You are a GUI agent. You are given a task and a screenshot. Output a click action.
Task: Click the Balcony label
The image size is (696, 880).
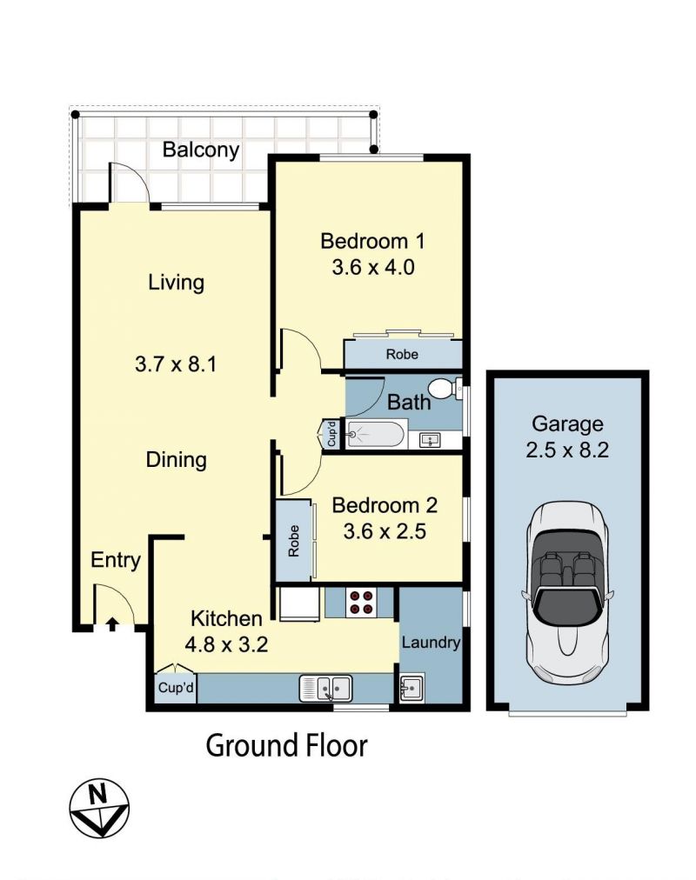click(x=201, y=150)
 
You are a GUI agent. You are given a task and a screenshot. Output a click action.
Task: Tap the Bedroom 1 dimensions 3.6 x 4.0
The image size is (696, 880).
click(x=373, y=267)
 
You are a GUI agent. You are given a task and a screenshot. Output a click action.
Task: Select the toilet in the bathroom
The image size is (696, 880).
click(x=445, y=388)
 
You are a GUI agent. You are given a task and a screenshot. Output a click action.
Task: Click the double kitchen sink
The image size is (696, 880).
click(x=326, y=688)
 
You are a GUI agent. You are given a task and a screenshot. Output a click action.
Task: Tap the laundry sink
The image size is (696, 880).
click(x=412, y=688)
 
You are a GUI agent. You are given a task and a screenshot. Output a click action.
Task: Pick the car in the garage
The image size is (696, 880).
click(x=567, y=593)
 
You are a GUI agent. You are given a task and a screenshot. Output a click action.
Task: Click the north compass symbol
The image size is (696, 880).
click(x=99, y=808)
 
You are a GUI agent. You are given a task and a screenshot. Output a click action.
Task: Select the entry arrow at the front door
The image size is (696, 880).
click(x=112, y=623)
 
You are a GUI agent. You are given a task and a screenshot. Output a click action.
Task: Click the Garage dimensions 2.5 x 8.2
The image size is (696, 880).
click(x=567, y=450)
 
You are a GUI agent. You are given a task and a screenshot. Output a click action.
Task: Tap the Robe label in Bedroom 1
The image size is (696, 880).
click(x=402, y=355)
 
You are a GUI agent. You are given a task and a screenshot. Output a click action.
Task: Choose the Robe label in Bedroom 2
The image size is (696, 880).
click(x=293, y=541)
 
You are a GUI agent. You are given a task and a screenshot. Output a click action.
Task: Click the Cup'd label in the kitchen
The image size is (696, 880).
click(x=176, y=688)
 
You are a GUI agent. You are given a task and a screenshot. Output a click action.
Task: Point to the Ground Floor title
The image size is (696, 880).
click(x=287, y=746)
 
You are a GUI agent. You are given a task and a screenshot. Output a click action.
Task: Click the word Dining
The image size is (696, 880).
click(x=177, y=460)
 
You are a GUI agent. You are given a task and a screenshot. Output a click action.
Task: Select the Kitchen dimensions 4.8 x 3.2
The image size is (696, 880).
click(x=226, y=644)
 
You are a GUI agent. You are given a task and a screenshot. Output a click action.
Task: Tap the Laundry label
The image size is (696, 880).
click(x=431, y=642)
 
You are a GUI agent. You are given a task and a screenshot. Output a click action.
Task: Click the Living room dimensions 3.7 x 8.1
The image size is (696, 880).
click(x=176, y=364)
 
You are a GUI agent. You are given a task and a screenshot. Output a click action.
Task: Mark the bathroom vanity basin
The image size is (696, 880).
click(x=431, y=440)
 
